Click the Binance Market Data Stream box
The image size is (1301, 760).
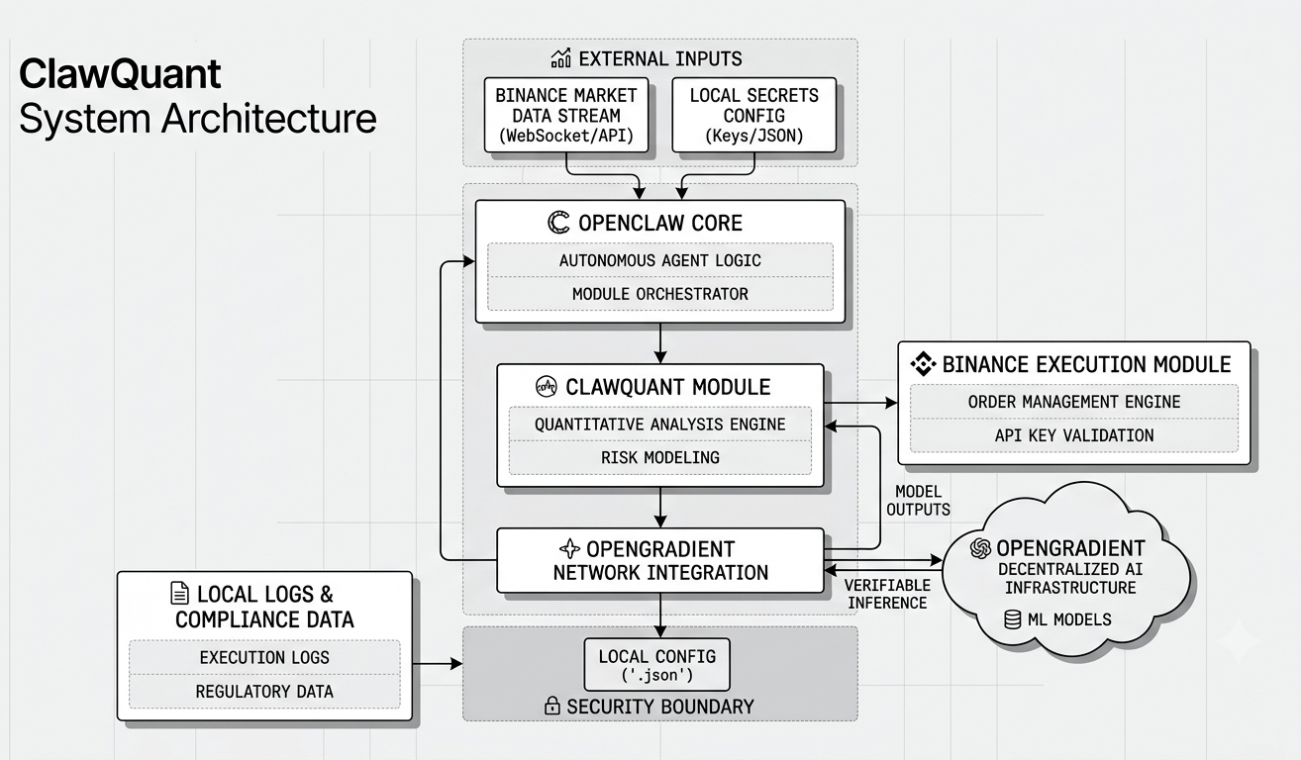[566, 115]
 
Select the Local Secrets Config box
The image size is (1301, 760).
[753, 115]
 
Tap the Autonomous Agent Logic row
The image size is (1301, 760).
[660, 260]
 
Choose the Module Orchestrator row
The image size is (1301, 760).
[660, 294]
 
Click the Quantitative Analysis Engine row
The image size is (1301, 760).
[660, 424]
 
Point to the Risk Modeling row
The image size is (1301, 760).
[660, 457]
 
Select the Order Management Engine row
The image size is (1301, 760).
[1074, 402]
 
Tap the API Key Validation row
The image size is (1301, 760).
[1074, 435]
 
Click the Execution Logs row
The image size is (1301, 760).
[264, 657]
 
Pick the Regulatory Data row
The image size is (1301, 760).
[264, 692]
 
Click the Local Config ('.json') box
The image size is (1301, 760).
[656, 665]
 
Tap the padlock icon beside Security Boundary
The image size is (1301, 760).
[551, 706]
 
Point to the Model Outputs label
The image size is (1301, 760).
[918, 501]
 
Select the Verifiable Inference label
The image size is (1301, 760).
[887, 594]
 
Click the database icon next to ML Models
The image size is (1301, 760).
[1012, 619]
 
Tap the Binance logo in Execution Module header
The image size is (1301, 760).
[923, 364]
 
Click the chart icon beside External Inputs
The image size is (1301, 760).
[560, 58]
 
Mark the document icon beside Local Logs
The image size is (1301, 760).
[179, 594]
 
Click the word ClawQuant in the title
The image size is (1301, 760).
[120, 74]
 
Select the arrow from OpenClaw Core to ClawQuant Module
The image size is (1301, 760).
[660, 343]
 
